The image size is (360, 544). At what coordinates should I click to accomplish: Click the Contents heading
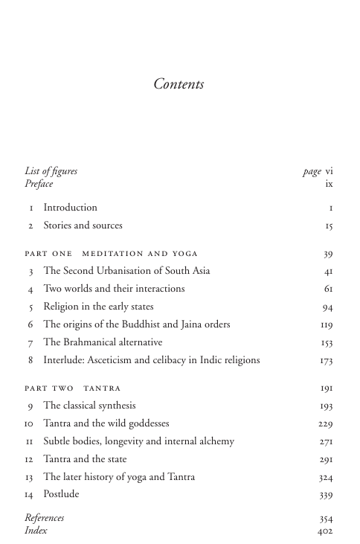pos(179,84)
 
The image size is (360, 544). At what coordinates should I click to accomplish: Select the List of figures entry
pos(51,171)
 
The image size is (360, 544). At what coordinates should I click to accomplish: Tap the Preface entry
pos(39,183)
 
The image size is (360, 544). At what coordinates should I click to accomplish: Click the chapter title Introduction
pos(70,208)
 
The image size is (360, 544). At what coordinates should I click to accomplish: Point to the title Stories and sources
pos(83,225)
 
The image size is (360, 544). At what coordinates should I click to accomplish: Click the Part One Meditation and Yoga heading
pos(111,254)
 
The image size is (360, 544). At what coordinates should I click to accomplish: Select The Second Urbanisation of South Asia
pos(126,271)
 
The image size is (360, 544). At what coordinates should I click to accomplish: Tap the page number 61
pos(328,289)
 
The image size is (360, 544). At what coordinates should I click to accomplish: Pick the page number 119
pos(327,324)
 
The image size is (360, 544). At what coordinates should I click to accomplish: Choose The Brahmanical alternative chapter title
pos(103,342)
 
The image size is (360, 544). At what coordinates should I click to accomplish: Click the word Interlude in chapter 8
pos(64,360)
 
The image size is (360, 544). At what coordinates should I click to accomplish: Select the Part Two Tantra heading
pos(72,388)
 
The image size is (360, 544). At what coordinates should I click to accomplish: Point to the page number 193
pos(327,406)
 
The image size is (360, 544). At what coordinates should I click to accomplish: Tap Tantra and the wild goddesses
pos(106,423)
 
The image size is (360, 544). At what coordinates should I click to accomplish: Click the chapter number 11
pos(30,441)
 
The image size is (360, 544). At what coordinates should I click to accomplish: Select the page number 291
pos(327,459)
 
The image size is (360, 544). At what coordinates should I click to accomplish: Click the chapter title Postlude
pos(61,494)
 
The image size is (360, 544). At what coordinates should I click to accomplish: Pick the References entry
pos(44,518)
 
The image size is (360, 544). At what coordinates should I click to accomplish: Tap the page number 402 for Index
pos(325,531)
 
